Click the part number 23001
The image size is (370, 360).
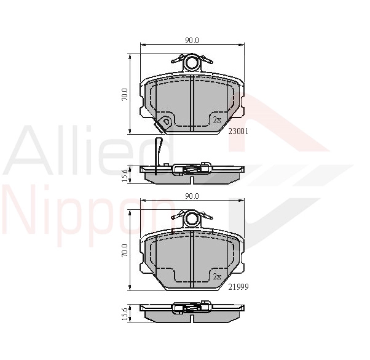pos(238,131)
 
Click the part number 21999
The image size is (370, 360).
pos(238,287)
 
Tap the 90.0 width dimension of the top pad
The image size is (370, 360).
pos(192,41)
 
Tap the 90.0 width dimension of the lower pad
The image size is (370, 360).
pos(192,196)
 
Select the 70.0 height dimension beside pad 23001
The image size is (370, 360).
pos(125,94)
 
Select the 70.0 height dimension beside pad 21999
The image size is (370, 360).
pos(125,250)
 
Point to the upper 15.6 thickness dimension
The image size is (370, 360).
pos(125,175)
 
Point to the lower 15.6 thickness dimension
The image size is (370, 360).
pos(125,314)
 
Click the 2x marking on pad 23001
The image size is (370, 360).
pos(217,120)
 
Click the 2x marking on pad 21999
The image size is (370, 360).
pos(217,276)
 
